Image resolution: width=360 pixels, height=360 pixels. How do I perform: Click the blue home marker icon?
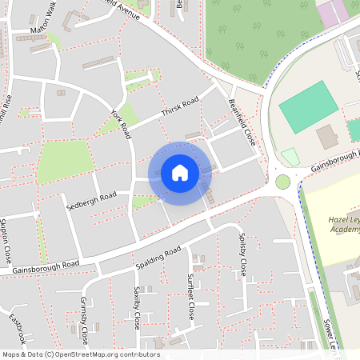tap(180, 173)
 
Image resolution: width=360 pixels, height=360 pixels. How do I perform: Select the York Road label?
tap(121, 124)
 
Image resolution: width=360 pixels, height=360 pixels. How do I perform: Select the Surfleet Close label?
tap(190, 296)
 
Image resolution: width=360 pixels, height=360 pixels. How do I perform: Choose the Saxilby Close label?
tap(137, 308)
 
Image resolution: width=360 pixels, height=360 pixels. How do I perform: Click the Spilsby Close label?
tap(242, 254)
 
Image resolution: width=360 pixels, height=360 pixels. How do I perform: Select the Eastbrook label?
tap(18, 329)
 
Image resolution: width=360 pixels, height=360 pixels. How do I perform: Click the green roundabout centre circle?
tap(282, 182)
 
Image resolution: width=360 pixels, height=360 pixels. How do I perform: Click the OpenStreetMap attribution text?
tap(81, 354)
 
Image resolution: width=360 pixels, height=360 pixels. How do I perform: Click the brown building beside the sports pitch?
tap(326, 137)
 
